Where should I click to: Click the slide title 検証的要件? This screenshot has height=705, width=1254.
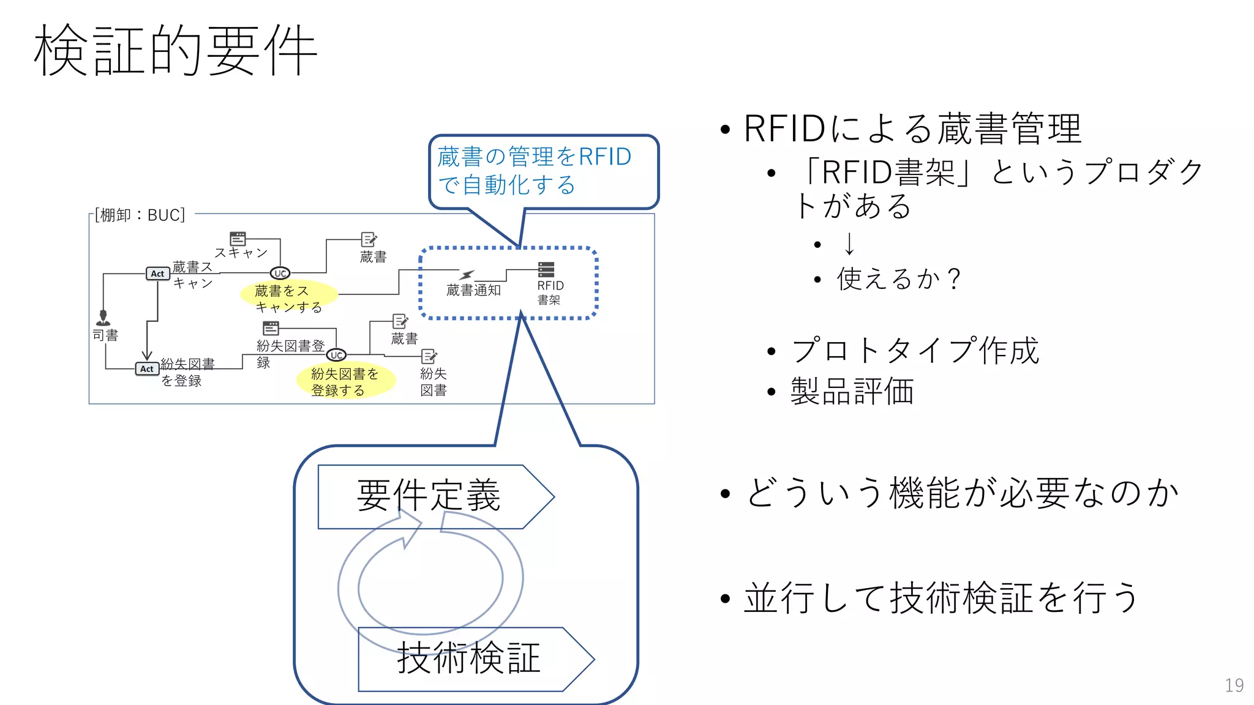176,50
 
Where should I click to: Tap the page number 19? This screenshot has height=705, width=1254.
1234,685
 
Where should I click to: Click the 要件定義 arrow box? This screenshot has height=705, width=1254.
429,496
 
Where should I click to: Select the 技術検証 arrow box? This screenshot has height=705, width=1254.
468,658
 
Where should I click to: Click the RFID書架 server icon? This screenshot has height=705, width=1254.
546,269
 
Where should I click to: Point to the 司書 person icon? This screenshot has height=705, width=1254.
103,318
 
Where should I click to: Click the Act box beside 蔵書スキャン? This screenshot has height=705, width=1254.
157,274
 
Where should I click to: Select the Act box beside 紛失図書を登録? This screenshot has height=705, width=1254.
147,368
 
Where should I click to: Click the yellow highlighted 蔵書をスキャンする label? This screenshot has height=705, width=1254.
288,298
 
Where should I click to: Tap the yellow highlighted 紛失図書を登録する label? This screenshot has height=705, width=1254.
345,381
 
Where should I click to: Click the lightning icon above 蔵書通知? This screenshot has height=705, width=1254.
467,275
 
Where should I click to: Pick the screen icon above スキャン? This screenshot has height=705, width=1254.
238,238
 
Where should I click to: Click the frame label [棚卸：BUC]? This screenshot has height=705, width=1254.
140,215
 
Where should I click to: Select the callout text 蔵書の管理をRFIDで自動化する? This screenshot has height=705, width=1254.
534,171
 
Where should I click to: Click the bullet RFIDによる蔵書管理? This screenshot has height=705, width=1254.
912,129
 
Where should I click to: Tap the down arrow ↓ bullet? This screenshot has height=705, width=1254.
849,244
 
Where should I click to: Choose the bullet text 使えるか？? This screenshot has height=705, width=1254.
898,279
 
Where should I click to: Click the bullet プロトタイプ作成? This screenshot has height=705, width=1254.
915,351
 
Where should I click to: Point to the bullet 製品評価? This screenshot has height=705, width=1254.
852,391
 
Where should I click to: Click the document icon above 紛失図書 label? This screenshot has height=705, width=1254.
429,356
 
